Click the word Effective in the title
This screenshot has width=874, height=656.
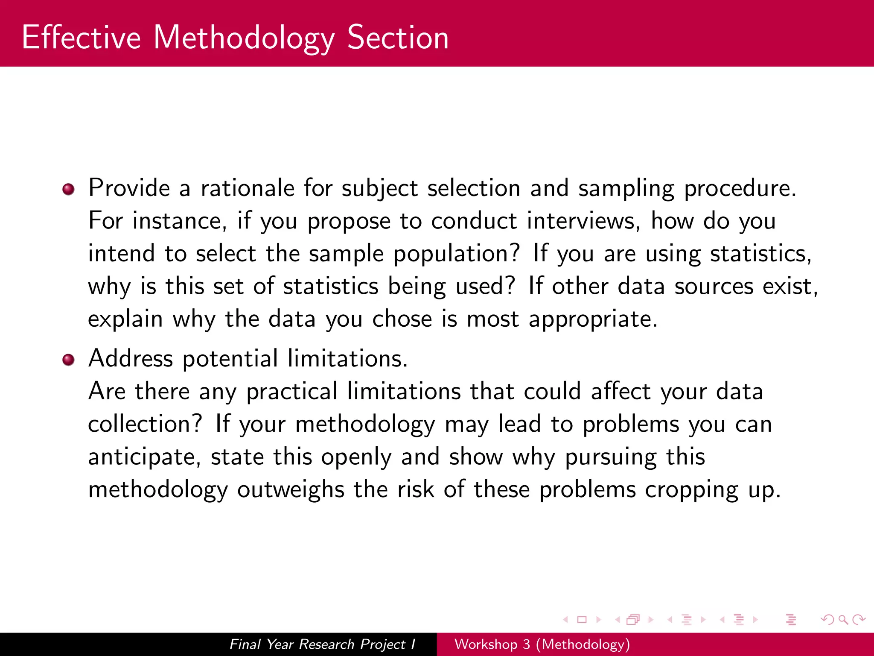coord(81,38)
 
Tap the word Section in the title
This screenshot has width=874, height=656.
coord(398,38)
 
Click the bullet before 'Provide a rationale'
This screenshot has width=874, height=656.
coord(68,189)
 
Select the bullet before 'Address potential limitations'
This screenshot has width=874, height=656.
coord(68,360)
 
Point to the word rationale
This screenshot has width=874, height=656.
coord(248,188)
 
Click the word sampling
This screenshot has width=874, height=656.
coord(626,189)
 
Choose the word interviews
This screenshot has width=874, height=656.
coord(583,221)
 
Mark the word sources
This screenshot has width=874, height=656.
coord(714,286)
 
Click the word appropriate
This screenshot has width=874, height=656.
coord(593,319)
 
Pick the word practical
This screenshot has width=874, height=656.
coord(292,392)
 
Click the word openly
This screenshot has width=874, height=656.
coord(356,457)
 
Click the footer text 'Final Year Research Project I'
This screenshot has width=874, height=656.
coord(322,644)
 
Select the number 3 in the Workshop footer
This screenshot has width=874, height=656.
coord(527,644)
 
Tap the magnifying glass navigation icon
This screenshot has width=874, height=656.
coord(843,619)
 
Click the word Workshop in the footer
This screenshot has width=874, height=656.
coord(486,644)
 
